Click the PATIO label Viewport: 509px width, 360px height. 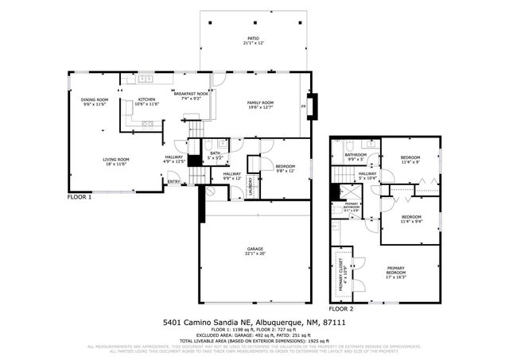(252, 37)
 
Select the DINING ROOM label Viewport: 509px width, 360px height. (95, 100)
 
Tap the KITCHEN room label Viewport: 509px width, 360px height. (146, 100)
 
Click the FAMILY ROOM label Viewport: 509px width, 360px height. (260, 103)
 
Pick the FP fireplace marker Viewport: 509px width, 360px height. (303, 106)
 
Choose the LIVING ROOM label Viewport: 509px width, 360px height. (115, 160)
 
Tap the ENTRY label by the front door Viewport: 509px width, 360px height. (173, 182)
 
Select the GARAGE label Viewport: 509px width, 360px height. (254, 249)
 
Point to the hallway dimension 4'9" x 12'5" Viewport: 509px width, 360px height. (174, 161)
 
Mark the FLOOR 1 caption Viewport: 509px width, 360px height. (80, 196)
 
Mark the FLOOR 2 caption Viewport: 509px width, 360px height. (342, 308)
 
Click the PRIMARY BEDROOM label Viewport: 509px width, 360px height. (395, 270)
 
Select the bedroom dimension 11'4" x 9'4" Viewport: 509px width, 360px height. (410, 221)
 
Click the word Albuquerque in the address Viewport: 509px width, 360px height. (267, 323)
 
